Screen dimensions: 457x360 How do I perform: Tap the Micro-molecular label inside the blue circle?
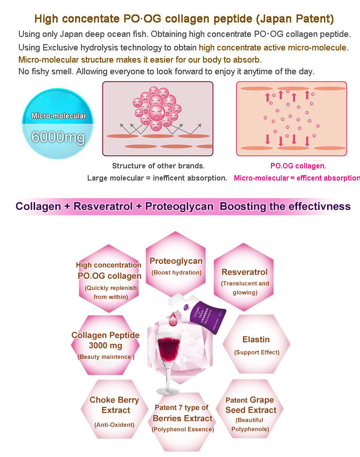tap(58, 116)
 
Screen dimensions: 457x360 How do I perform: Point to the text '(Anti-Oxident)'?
tap(114, 425)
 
